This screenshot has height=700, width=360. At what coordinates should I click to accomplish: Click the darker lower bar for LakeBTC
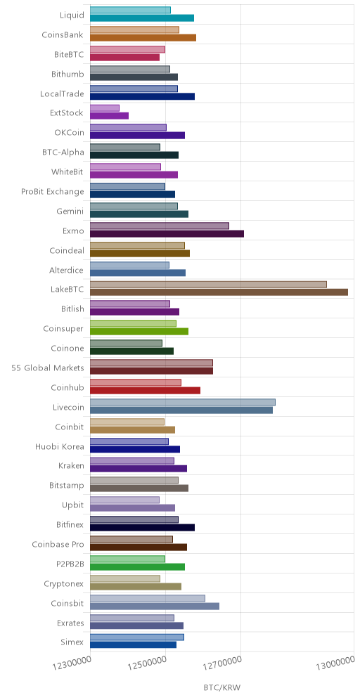219,292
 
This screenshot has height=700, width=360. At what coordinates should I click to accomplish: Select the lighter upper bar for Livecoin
183,402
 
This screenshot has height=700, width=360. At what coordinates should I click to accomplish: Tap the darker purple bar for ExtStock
110,116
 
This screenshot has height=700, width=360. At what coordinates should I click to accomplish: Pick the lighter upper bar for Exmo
160,226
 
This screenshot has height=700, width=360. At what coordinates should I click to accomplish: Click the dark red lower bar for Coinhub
145,390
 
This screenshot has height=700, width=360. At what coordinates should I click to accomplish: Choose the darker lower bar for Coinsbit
155,606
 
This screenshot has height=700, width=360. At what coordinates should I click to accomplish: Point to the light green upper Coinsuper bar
133,324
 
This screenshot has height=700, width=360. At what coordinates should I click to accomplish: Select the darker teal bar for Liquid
142,18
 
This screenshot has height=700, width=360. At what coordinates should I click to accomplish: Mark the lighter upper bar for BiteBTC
128,49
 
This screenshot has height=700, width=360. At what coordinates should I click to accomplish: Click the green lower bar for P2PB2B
138,566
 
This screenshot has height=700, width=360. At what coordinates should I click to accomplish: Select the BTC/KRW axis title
222,687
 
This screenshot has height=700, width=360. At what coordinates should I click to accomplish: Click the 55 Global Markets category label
48,368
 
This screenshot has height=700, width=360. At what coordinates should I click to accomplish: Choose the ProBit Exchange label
53,192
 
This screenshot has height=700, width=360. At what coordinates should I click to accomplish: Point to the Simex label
72,642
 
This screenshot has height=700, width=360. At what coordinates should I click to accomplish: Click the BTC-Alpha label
62,153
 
